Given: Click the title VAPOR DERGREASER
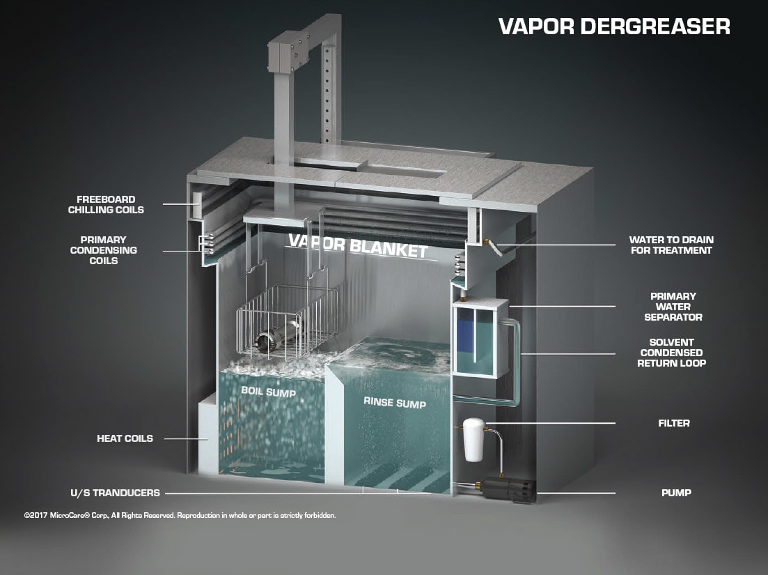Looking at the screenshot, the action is point(614,26).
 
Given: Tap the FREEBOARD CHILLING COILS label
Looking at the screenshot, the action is point(106,204).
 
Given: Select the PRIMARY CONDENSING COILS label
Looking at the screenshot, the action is point(103,250).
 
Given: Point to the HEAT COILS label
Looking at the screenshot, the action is point(125,438).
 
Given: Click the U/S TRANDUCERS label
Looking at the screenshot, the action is point(115,493).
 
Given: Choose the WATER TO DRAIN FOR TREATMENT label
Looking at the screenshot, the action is point(671,245).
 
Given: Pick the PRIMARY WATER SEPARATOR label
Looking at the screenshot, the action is point(673,307).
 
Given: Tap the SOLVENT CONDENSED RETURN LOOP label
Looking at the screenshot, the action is point(672,353).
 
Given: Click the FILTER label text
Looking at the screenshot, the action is point(673,423).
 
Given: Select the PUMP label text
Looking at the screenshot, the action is point(676,493).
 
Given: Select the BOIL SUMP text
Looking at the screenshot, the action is point(268,392).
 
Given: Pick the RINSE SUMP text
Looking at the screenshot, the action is point(395,403).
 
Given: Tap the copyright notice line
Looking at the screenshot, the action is point(180,516).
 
